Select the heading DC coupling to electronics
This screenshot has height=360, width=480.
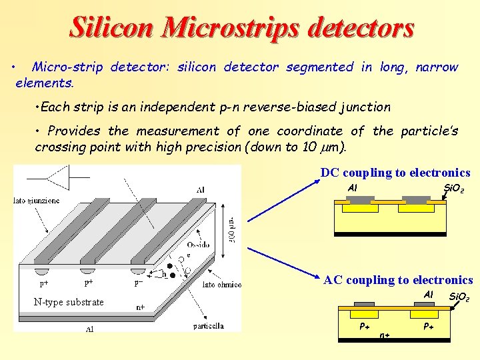pyautogui.click(x=395, y=173)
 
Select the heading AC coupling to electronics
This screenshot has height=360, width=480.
pyautogui.click(x=398, y=280)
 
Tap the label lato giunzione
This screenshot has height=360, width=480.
pyautogui.click(x=37, y=200)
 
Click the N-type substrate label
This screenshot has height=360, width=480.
pyautogui.click(x=69, y=302)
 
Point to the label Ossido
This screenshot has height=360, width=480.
pyautogui.click(x=197, y=245)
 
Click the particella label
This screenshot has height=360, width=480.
pyautogui.click(x=208, y=326)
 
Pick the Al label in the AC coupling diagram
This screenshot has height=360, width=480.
pyautogui.click(x=429, y=295)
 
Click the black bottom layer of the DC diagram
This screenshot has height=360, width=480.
pyautogui.click(x=390, y=234)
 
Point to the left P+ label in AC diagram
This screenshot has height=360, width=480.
pyautogui.click(x=365, y=327)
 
